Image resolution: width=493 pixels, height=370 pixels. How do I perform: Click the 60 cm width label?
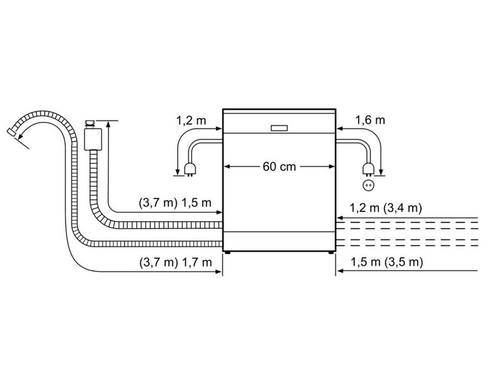click(279, 167)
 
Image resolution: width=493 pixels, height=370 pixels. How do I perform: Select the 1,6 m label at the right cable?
click(368, 121)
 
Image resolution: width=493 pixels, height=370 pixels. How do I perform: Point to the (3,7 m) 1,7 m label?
click(176, 263)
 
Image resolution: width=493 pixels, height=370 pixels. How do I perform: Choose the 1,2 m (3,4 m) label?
click(386, 208)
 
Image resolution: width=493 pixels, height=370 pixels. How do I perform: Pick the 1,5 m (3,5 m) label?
click(386, 263)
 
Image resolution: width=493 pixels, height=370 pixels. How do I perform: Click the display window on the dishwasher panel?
click(279, 128)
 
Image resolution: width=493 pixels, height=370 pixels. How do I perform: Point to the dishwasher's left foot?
click(228, 251)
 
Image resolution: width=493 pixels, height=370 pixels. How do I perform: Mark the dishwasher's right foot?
click(331, 251)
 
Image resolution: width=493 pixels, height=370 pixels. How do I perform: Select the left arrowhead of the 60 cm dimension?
click(226, 167)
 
